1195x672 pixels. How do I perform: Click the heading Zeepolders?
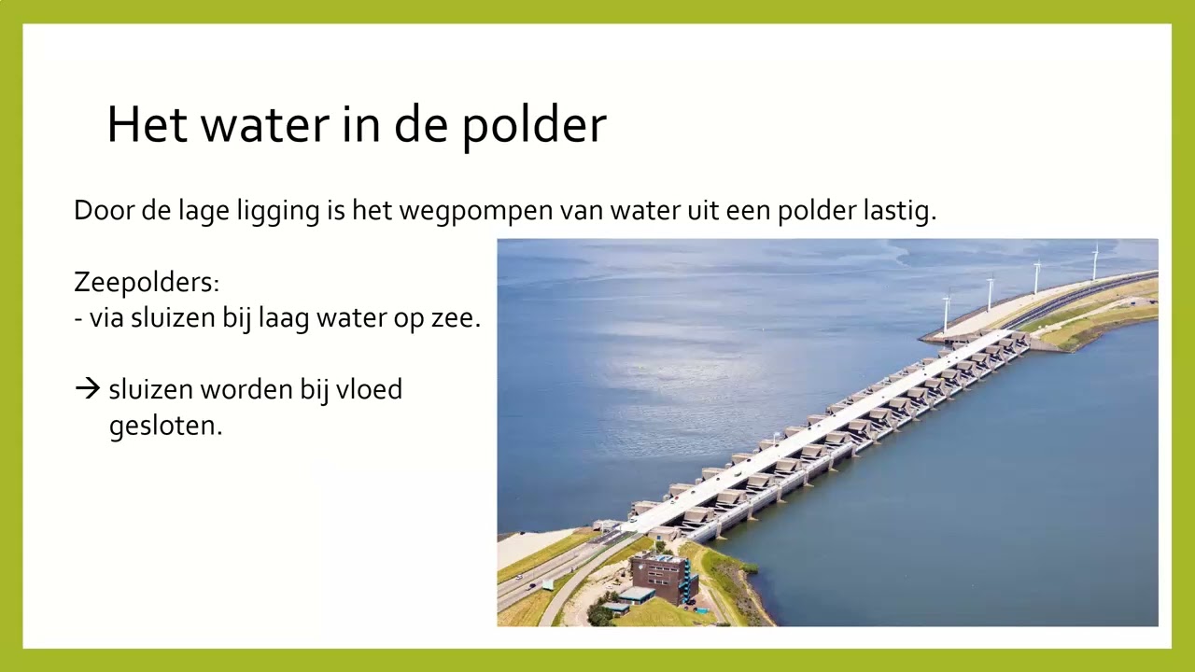click(147, 282)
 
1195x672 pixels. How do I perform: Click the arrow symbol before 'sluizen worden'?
click(87, 389)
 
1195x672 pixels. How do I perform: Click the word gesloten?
click(165, 427)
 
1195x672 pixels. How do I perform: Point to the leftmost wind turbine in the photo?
click(947, 313)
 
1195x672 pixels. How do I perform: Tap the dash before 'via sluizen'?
click(78, 319)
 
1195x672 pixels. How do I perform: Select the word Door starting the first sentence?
click(104, 211)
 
